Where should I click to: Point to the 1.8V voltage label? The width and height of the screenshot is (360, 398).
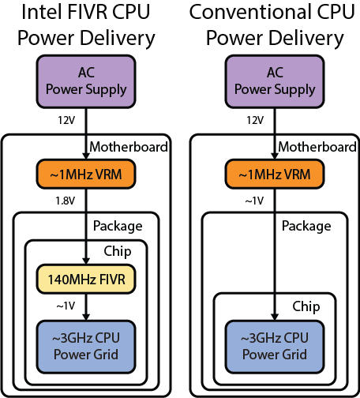(x=65, y=201)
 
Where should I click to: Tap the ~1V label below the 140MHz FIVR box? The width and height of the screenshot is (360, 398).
(x=65, y=304)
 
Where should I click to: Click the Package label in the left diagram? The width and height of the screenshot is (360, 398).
(x=118, y=225)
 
